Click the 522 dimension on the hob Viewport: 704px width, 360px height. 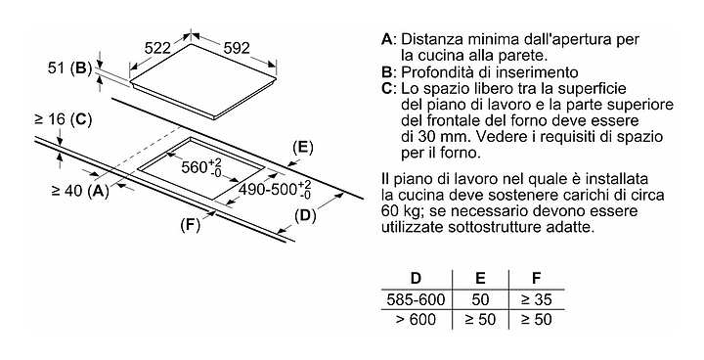click(x=157, y=48)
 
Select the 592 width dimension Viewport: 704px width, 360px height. click(x=237, y=48)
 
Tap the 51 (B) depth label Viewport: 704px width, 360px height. click(x=69, y=68)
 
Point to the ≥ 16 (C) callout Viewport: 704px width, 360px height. click(x=63, y=119)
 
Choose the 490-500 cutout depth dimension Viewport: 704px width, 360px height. click(x=275, y=189)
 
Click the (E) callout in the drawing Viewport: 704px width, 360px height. click(x=302, y=148)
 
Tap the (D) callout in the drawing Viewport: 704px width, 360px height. click(x=305, y=216)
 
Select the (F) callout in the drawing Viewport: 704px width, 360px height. click(x=190, y=225)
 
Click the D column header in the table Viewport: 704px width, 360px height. click(x=417, y=278)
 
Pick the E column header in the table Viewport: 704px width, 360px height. click(x=480, y=278)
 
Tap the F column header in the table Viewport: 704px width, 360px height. click(x=536, y=278)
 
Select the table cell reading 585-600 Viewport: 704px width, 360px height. click(x=416, y=299)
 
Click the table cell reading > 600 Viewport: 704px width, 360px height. click(x=416, y=320)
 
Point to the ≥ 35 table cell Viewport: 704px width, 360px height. click(x=536, y=299)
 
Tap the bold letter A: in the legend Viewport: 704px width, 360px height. click(x=389, y=39)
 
